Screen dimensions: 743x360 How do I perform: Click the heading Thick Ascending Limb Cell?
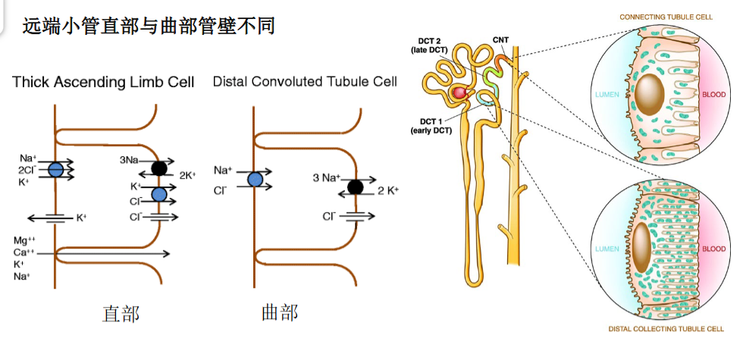pyautogui.click(x=103, y=82)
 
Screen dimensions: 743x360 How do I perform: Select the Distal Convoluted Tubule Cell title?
pyautogui.click(x=305, y=82)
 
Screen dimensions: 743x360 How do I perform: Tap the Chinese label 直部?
pyautogui.click(x=121, y=314)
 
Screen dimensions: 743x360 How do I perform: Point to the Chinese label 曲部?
pyautogui.click(x=280, y=312)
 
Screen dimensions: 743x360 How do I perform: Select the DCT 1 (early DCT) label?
pyautogui.click(x=431, y=126)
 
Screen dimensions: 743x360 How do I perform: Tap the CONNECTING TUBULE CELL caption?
pyautogui.click(x=666, y=17)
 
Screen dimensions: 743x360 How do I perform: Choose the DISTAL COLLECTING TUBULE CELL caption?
pyautogui.click(x=666, y=329)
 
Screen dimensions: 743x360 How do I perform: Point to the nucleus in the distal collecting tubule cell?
pyautogui.click(x=642, y=248)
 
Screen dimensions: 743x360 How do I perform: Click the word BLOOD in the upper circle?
pyautogui.click(x=713, y=95)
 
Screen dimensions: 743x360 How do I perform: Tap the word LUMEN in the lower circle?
pyautogui.click(x=607, y=249)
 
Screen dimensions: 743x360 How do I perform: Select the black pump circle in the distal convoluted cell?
pyautogui.click(x=355, y=188)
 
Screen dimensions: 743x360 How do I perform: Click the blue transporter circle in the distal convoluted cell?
pyautogui.click(x=256, y=179)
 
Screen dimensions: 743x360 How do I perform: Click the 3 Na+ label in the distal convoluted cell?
pyautogui.click(x=327, y=179)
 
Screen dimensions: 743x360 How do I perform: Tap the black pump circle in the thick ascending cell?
pyautogui.click(x=159, y=168)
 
